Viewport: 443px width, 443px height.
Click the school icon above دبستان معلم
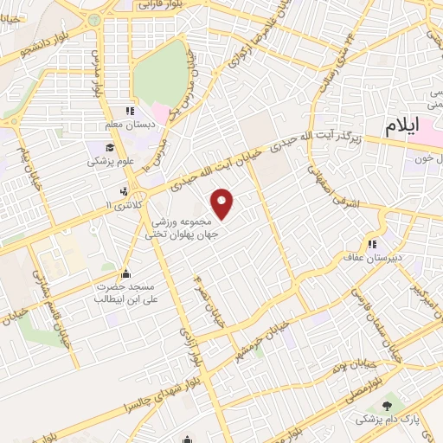(130, 111)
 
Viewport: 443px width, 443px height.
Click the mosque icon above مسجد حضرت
(127, 273)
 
